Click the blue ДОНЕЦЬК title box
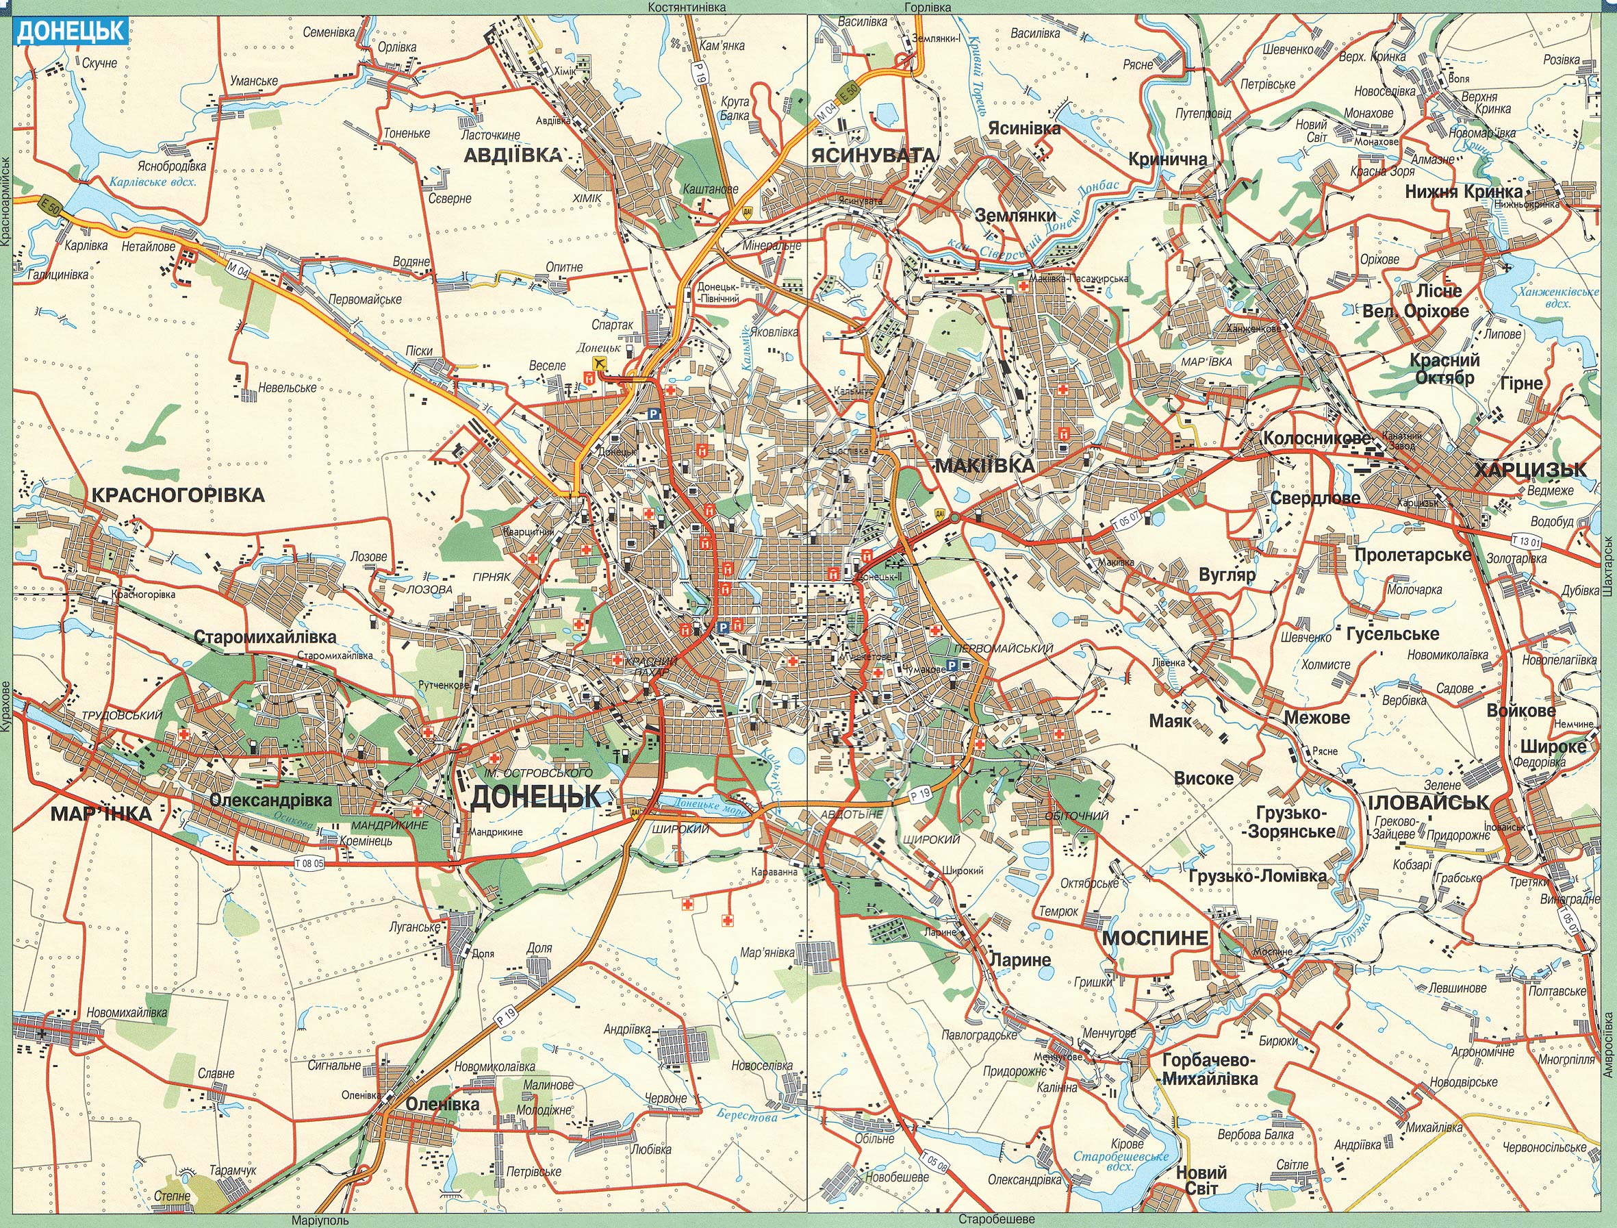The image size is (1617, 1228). (72, 32)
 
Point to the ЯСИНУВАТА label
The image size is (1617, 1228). (872, 155)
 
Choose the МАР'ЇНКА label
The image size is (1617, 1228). (101, 814)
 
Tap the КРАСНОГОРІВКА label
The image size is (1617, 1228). (177, 495)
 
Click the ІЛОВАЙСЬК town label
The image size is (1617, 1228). (1427, 802)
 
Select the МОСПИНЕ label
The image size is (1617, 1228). (1155, 938)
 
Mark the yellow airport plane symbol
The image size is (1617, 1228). (601, 364)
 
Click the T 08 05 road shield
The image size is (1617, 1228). (309, 863)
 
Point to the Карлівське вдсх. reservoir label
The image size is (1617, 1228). (152, 183)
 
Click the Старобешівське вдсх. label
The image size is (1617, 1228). (1121, 1162)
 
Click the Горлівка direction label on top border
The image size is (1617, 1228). (927, 8)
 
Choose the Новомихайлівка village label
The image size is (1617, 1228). (127, 1013)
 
